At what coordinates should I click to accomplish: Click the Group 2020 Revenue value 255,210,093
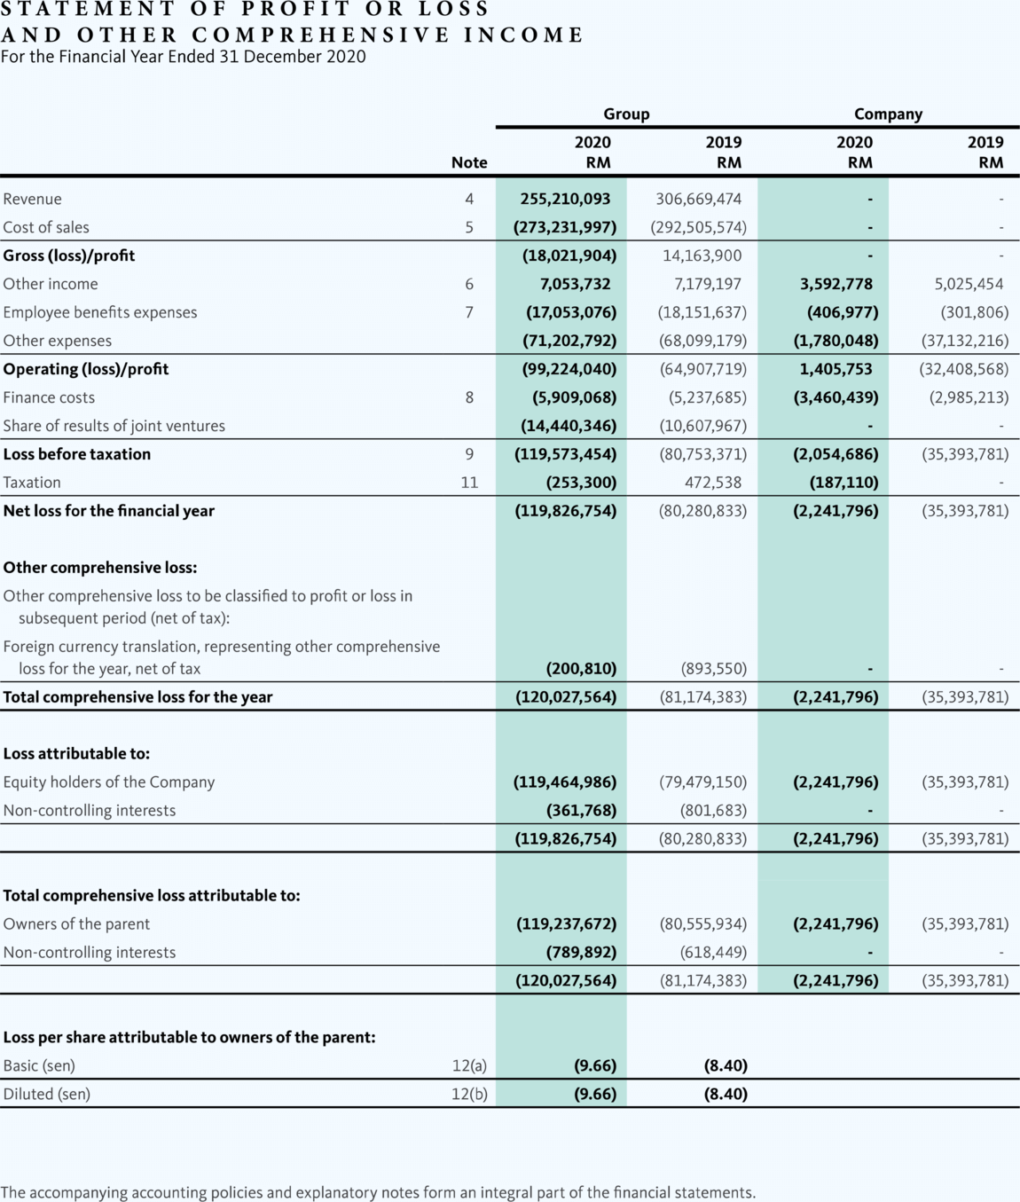click(x=565, y=199)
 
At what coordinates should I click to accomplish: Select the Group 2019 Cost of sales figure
click(x=698, y=227)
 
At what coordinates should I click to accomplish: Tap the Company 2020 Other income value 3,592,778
click(x=836, y=284)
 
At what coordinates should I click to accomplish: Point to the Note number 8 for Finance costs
click(x=469, y=397)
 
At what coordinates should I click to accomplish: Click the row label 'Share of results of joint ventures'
click(x=114, y=426)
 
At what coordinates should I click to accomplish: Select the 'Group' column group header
click(x=626, y=114)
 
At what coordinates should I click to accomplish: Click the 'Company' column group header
click(x=888, y=114)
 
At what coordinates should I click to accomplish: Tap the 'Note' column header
click(x=469, y=162)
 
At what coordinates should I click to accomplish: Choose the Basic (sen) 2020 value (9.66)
click(x=594, y=1065)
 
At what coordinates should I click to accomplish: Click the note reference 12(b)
click(x=469, y=1094)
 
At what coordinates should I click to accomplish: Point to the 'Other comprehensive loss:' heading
click(x=100, y=568)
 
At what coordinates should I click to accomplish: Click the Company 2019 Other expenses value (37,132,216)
click(x=965, y=341)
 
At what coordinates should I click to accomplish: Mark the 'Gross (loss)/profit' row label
click(x=69, y=255)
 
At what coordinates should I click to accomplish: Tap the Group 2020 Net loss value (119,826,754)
click(x=565, y=511)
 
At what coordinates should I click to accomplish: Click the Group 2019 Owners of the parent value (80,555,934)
click(x=702, y=923)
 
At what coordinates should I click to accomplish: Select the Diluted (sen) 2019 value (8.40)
click(x=726, y=1094)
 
